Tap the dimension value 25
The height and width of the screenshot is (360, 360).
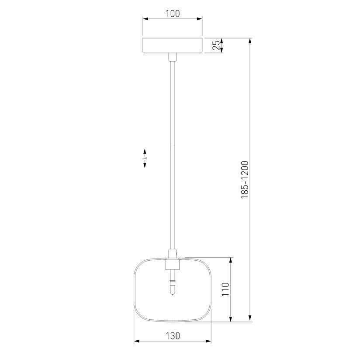click(x=216, y=45)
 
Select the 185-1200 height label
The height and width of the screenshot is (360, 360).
click(x=245, y=180)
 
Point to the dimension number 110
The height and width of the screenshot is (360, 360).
click(x=225, y=290)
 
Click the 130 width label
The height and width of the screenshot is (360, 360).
click(x=173, y=336)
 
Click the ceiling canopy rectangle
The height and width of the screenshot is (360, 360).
click(x=173, y=45)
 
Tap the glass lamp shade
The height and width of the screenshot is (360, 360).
click(x=134, y=290)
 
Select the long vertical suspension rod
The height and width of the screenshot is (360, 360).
click(x=173, y=155)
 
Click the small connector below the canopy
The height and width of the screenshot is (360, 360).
click(x=173, y=57)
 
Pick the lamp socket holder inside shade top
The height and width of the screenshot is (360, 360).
click(x=173, y=264)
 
